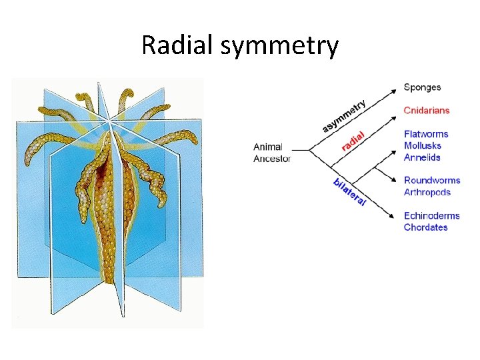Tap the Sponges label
(x=422, y=87)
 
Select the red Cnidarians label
(x=427, y=111)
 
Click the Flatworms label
(x=426, y=134)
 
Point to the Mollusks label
(x=423, y=145)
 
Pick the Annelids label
(x=422, y=157)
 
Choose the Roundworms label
(x=432, y=180)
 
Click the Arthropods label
(x=427, y=192)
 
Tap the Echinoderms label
(x=432, y=215)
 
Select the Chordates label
(x=426, y=227)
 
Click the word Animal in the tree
(x=268, y=147)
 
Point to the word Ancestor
(x=272, y=159)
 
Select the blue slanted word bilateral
(x=349, y=191)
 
